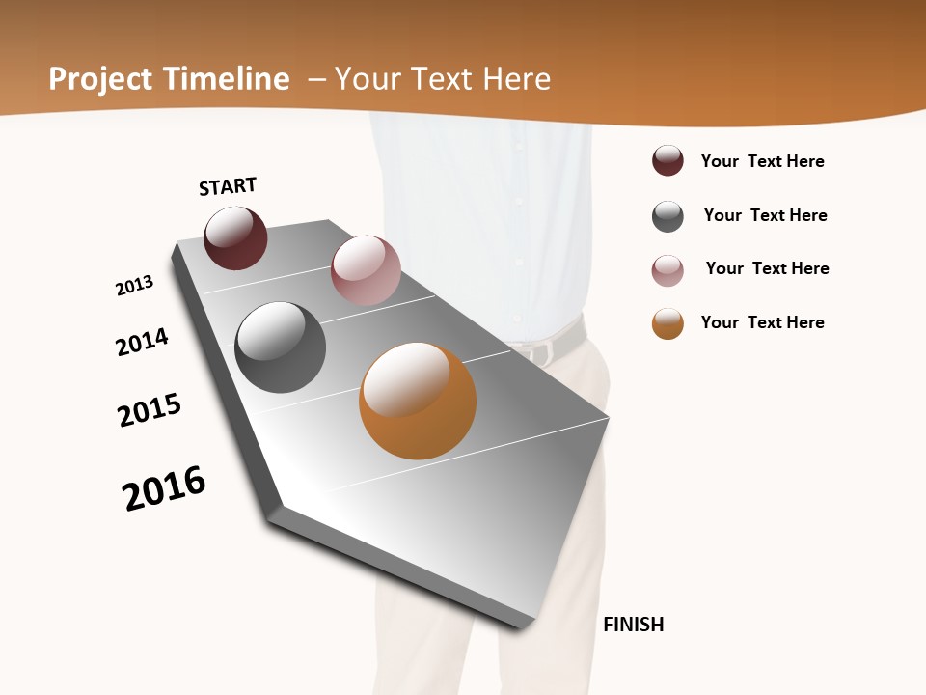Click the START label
228,185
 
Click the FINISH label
633,625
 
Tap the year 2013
134,286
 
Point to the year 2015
150,410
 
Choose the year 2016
164,488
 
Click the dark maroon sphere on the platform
235,238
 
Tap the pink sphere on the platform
366,269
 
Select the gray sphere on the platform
281,347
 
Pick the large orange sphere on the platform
418,401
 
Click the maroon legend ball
667,161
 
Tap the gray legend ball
667,216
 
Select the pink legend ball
667,270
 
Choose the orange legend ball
667,323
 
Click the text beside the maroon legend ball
762,161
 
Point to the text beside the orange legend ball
762,322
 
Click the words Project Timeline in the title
169,79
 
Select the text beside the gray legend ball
765,215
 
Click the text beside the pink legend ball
767,268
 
